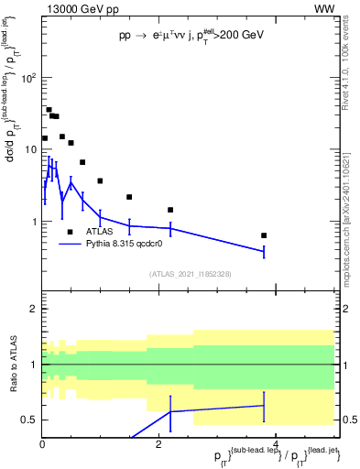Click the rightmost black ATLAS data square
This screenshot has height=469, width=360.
click(264, 235)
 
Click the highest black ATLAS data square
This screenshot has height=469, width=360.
click(49, 110)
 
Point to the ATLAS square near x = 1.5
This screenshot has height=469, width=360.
click(129, 197)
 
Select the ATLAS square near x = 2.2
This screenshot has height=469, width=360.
click(170, 210)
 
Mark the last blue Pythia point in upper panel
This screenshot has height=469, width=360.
click(264, 251)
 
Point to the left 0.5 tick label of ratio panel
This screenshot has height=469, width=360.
click(29, 420)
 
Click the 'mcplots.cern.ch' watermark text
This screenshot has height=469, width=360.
click(350, 224)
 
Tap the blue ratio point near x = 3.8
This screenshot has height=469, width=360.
click(264, 405)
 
